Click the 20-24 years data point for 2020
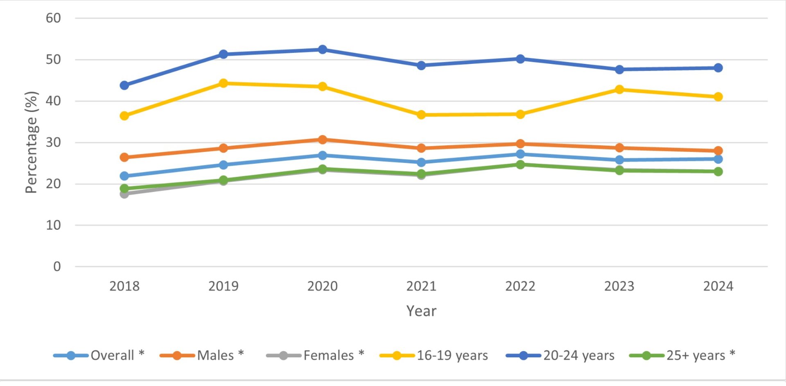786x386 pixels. pyautogui.click(x=323, y=50)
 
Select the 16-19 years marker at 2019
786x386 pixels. pyautogui.click(x=224, y=84)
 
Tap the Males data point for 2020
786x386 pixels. pyautogui.click(x=323, y=140)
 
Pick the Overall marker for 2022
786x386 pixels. pyautogui.click(x=520, y=154)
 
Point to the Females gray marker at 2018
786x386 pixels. pyautogui.click(x=124, y=194)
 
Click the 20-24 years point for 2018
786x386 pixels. pyautogui.click(x=124, y=86)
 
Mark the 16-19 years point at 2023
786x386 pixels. pyautogui.click(x=619, y=90)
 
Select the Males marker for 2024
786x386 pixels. pyautogui.click(x=718, y=151)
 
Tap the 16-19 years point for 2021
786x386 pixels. pyautogui.click(x=421, y=115)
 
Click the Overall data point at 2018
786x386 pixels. pyautogui.click(x=124, y=176)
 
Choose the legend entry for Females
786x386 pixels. pyautogui.click(x=315, y=355)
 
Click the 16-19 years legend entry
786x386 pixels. pyautogui.click(x=434, y=355)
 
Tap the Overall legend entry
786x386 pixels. pyautogui.click(x=99, y=355)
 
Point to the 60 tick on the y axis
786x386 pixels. pyautogui.click(x=53, y=18)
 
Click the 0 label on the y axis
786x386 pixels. pyautogui.click(x=57, y=266)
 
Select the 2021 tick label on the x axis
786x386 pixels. pyautogui.click(x=421, y=286)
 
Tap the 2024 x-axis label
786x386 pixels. pyautogui.click(x=718, y=286)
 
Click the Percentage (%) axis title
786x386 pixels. pyautogui.click(x=32, y=142)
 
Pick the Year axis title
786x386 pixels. pyautogui.click(x=421, y=311)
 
